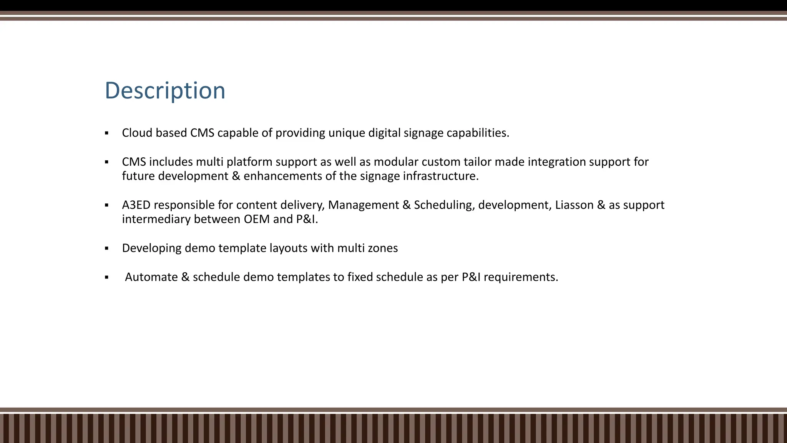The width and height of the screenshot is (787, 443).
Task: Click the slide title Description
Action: [x=165, y=91]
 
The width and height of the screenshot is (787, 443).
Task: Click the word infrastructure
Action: [x=440, y=176]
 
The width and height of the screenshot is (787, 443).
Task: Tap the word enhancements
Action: [x=282, y=176]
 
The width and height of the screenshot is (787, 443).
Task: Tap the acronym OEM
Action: [x=257, y=219]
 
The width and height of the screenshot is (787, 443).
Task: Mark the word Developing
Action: [x=151, y=248]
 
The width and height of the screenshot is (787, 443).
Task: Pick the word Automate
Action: [x=151, y=277]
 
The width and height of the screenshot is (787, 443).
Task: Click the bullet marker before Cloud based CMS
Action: [x=106, y=133]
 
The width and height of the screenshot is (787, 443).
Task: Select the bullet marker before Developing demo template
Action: [x=106, y=248]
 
